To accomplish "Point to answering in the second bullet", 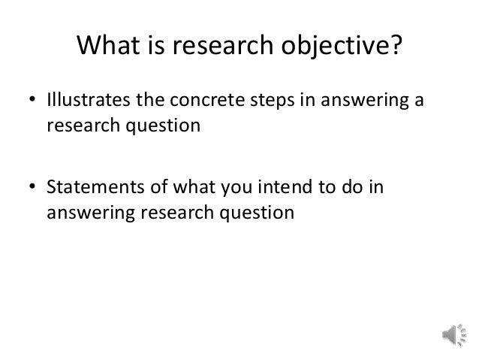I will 83,213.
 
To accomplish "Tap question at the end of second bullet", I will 256,213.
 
